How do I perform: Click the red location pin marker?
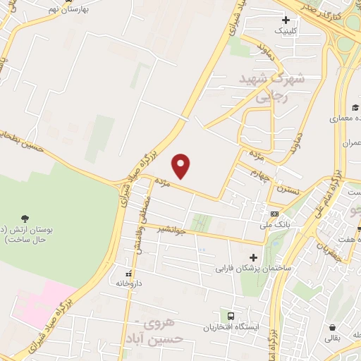pos(182,165)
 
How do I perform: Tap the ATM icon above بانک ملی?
pos(274,214)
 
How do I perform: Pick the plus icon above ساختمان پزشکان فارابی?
pos(253,257)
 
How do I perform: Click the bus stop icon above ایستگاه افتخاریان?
pos(230,315)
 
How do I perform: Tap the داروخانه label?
pos(130,283)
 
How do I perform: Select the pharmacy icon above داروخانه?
pos(128,271)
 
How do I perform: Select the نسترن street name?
pos(287,191)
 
